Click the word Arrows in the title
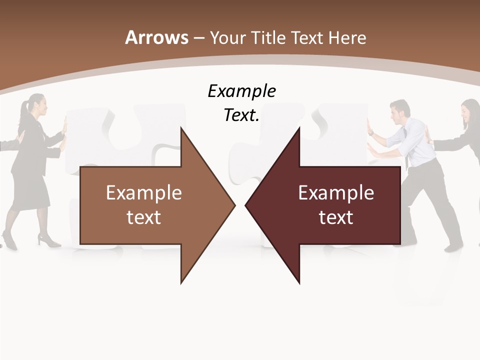tap(156, 37)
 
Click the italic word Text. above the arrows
tap(241, 115)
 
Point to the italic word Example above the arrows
tap(241, 91)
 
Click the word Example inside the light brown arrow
tap(144, 193)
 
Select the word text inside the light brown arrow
tap(144, 217)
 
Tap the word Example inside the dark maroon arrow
tap(336, 193)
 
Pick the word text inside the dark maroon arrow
tap(336, 217)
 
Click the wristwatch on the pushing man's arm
tap(371, 133)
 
